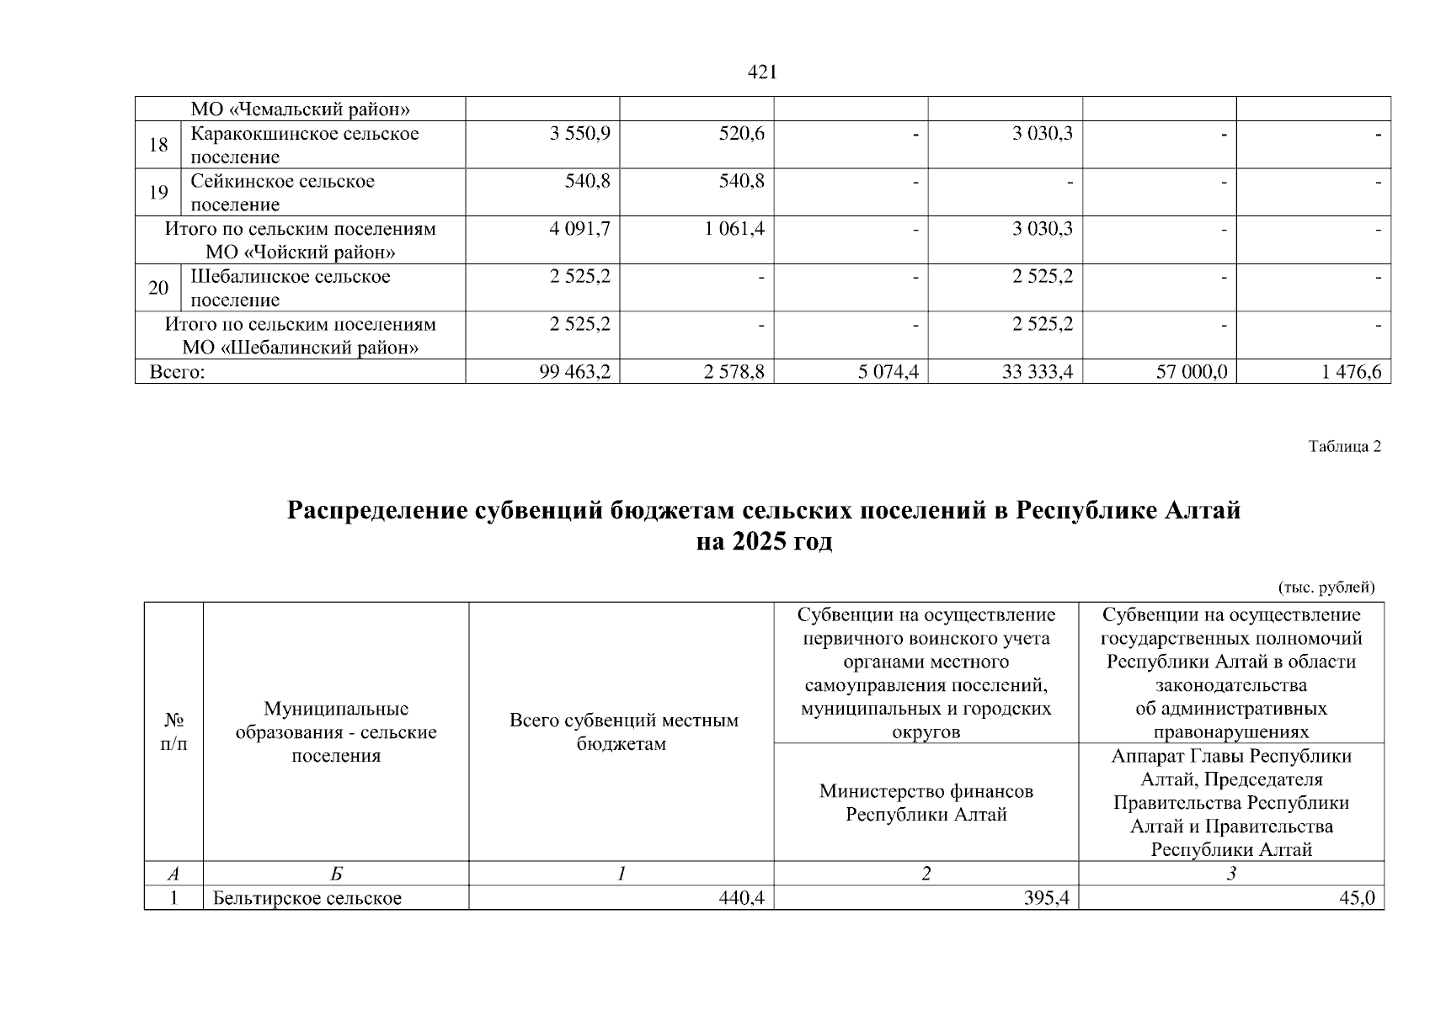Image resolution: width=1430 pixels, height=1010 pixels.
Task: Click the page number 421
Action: click(762, 73)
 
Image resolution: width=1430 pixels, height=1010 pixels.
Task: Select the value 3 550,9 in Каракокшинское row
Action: click(579, 134)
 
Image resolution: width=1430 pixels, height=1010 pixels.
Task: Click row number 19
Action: click(158, 193)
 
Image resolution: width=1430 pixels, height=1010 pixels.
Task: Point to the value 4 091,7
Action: click(579, 229)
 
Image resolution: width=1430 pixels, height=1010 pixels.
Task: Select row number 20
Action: click(158, 288)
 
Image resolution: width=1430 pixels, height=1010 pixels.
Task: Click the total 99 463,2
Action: click(575, 372)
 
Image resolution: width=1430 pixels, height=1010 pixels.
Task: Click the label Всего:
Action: click(178, 372)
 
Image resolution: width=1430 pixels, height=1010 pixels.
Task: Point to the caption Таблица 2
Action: click(1344, 447)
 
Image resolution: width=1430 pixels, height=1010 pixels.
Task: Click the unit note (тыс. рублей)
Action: click(1326, 587)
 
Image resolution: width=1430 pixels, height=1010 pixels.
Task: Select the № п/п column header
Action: click(173, 732)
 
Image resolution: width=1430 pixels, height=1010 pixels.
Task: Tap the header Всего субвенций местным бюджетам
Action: click(623, 732)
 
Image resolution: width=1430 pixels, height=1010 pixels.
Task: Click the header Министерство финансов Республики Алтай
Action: click(926, 803)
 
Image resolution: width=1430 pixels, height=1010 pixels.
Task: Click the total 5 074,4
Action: click(888, 372)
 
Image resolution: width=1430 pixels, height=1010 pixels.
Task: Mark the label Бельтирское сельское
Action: click(307, 899)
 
